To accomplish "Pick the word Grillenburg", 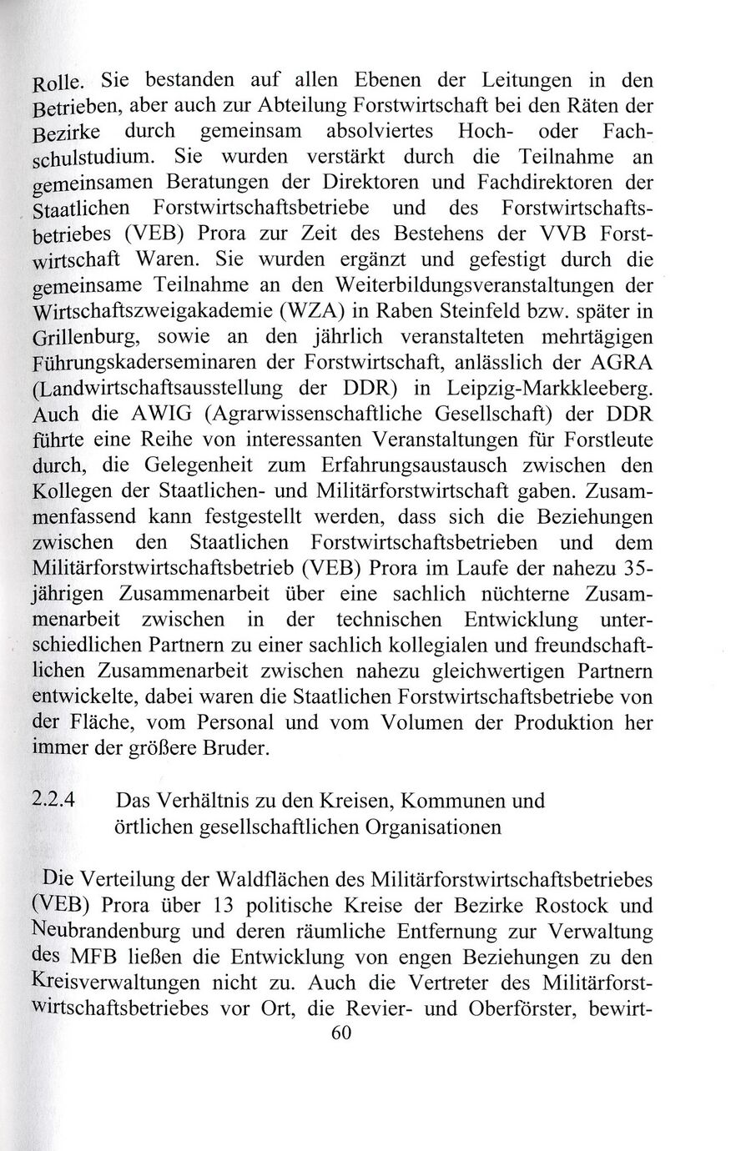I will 73,336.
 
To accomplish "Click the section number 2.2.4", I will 54,801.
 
